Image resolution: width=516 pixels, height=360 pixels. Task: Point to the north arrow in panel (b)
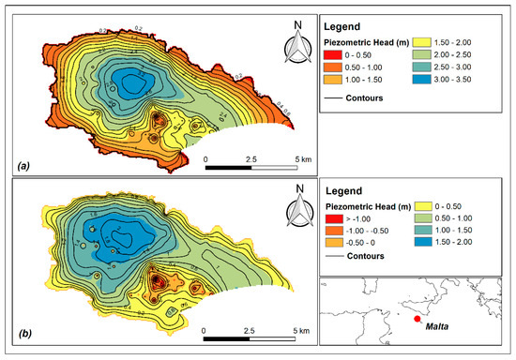click(x=298, y=207)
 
